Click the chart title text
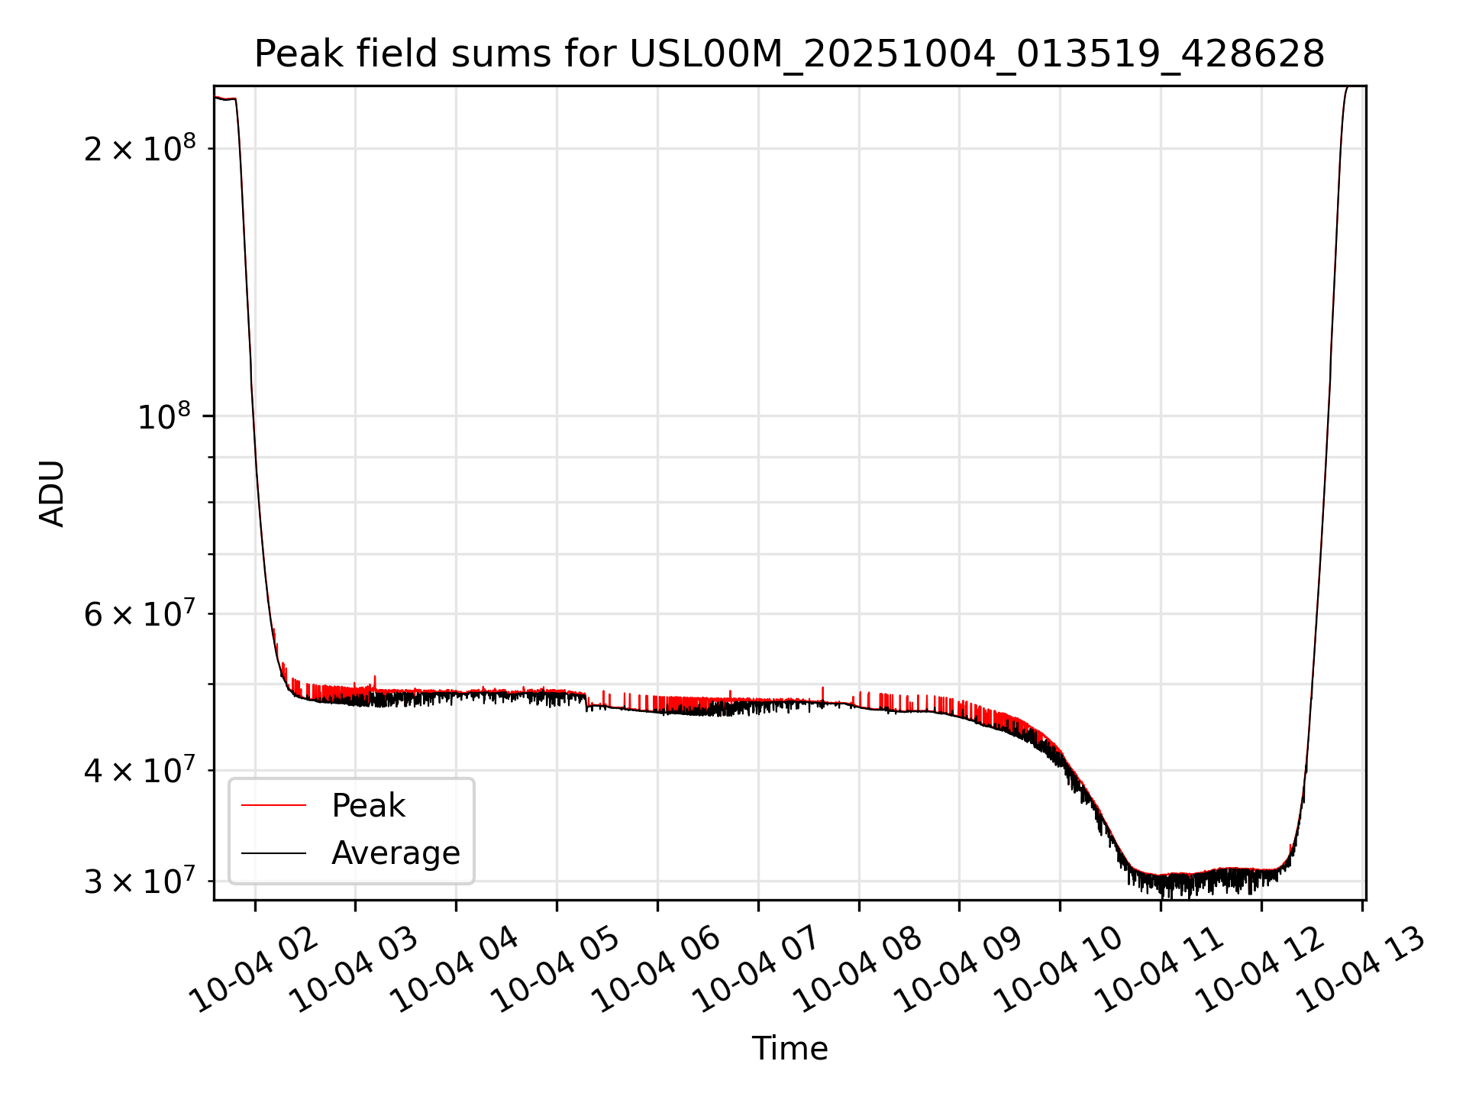click(790, 54)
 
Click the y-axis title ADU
click(52, 493)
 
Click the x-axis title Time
click(790, 1049)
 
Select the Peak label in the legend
click(368, 806)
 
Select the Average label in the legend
click(396, 853)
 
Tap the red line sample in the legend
click(273, 806)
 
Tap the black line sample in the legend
click(273, 853)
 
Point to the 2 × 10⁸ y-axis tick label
click(139, 148)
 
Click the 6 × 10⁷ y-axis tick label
click(139, 613)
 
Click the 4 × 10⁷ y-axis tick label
click(139, 770)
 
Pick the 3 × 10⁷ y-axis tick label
click(139, 882)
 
